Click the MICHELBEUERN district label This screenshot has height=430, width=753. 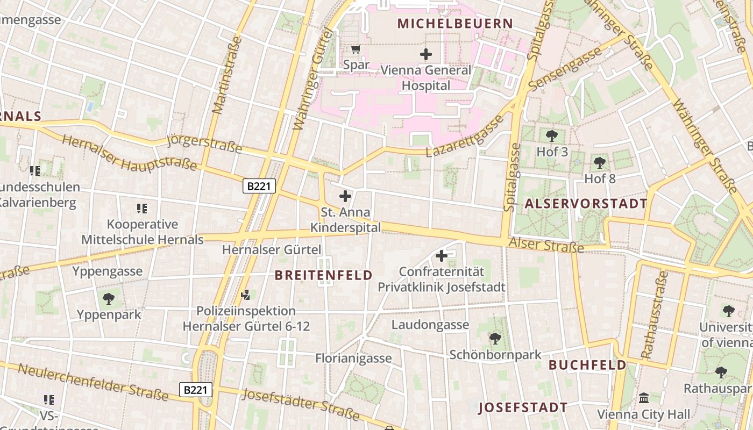click(x=455, y=24)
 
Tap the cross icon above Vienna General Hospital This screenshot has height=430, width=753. click(x=426, y=54)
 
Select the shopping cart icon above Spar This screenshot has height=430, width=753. click(x=356, y=50)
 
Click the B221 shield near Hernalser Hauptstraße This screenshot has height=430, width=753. click(x=259, y=186)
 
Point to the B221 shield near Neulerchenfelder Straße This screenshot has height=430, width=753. click(x=196, y=390)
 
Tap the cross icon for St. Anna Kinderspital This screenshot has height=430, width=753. click(x=345, y=197)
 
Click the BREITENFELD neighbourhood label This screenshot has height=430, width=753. click(x=323, y=275)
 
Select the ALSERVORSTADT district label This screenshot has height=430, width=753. click(x=586, y=204)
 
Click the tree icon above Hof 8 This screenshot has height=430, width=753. click(x=600, y=162)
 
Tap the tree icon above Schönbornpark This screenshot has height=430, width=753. click(x=495, y=339)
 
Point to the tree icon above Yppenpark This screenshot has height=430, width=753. click(x=109, y=298)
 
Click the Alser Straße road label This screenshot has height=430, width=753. click(x=546, y=245)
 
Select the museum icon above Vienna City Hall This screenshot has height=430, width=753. click(x=643, y=398)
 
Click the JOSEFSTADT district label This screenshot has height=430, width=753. click(x=523, y=407)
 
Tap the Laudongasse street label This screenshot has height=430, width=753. click(x=430, y=325)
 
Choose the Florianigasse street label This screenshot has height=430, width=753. click(x=353, y=358)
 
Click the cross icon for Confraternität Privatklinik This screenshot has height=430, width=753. click(x=442, y=256)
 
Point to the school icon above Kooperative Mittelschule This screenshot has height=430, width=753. click(x=142, y=208)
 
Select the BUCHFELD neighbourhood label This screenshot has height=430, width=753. click(x=587, y=365)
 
